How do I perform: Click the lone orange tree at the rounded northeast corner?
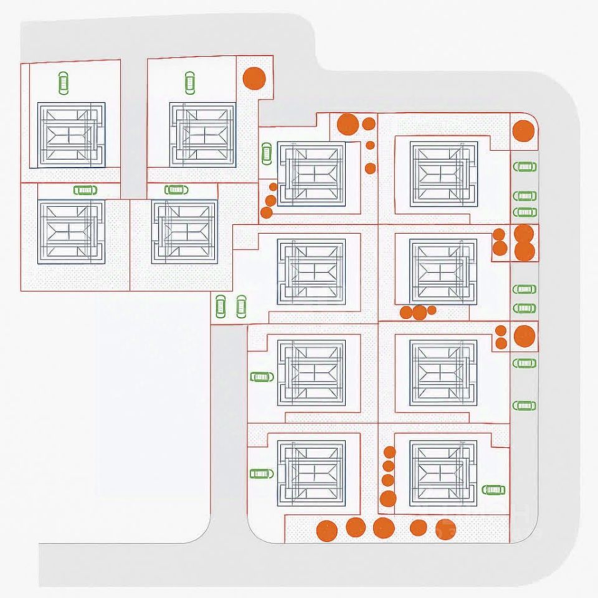pyautogui.click(x=523, y=131)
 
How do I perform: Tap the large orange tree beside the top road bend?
pyautogui.click(x=254, y=78)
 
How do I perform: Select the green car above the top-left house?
pyautogui.click(x=63, y=82)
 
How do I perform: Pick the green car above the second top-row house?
pyautogui.click(x=189, y=82)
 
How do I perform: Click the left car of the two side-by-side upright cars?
pyautogui.click(x=220, y=306)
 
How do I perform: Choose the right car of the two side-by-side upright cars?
pyautogui.click(x=241, y=306)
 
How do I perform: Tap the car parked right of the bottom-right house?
pyautogui.click(x=493, y=490)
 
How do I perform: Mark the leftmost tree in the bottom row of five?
pyautogui.click(x=326, y=531)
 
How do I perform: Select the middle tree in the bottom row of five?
pyautogui.click(x=384, y=528)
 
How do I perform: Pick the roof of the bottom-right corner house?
pyautogui.click(x=444, y=473)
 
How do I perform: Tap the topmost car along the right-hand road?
pyautogui.click(x=524, y=166)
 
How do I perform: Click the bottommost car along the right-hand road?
pyautogui.click(x=524, y=406)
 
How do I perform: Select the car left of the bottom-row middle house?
pyautogui.click(x=261, y=473)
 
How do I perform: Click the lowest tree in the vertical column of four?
pyautogui.click(x=387, y=498)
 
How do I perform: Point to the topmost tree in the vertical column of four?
pyautogui.click(x=389, y=452)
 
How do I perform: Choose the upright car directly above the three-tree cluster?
pyautogui.click(x=267, y=153)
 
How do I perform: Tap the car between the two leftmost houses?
pyautogui.click(x=85, y=190)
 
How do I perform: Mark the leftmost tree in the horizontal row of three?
pyautogui.click(x=406, y=312)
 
